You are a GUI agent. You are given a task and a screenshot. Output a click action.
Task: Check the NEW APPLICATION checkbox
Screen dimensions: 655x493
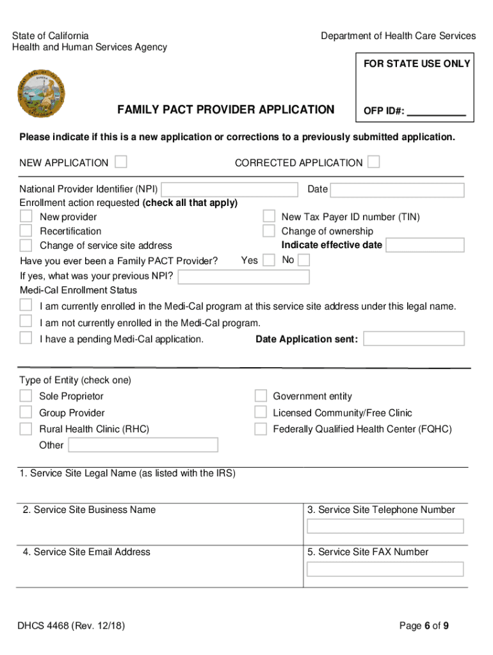(x=120, y=162)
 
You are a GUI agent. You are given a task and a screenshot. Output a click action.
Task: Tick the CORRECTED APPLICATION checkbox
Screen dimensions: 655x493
(x=373, y=162)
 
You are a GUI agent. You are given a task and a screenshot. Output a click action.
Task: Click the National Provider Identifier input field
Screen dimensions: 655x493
(x=230, y=190)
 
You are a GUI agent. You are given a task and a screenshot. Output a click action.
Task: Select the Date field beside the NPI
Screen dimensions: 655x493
(x=397, y=191)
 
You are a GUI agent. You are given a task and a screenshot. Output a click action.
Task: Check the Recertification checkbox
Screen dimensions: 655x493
(x=26, y=231)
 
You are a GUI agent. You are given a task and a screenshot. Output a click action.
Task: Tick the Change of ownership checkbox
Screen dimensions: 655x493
(x=269, y=231)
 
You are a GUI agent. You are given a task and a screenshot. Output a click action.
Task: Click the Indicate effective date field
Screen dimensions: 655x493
(x=425, y=246)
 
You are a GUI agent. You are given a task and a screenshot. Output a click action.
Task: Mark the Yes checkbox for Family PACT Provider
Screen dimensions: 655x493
(x=269, y=260)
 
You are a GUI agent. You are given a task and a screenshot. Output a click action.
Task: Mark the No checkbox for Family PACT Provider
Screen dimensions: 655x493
(x=304, y=260)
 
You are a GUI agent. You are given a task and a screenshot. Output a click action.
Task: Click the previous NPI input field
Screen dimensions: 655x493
(x=243, y=277)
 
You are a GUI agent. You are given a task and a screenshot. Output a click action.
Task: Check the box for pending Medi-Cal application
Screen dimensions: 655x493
(x=26, y=338)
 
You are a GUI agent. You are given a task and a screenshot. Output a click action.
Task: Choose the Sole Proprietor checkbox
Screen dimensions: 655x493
(x=26, y=396)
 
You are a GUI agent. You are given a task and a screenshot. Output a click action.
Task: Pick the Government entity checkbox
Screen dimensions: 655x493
(x=261, y=396)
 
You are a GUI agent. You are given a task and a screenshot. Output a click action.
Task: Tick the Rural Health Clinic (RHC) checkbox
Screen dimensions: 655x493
(x=26, y=429)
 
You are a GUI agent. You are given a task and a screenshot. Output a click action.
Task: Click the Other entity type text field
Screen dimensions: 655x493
(x=143, y=445)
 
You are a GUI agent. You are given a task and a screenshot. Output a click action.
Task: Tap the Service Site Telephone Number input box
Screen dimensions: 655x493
(x=385, y=526)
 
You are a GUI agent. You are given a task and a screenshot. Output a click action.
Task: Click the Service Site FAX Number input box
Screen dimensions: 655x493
(x=385, y=569)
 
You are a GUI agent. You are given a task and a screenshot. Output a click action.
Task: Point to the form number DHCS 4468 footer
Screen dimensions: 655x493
(x=72, y=626)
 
